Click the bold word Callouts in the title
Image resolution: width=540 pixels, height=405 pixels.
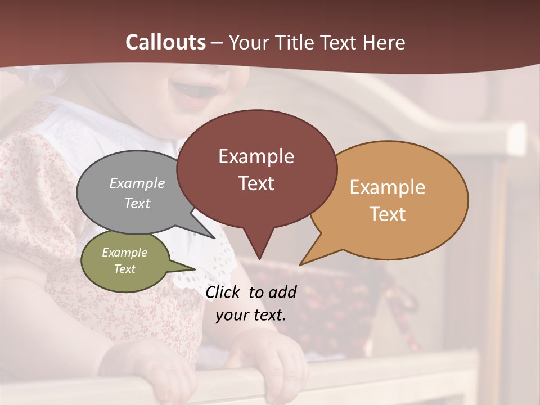click(165, 42)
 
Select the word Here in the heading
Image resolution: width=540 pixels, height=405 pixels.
click(384, 42)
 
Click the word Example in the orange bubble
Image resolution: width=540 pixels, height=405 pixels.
click(388, 187)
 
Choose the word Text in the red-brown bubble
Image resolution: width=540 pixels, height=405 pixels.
click(256, 183)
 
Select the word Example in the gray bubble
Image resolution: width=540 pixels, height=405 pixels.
click(137, 183)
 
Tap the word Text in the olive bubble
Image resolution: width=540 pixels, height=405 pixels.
click(125, 269)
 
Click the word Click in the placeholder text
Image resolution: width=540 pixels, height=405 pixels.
click(223, 292)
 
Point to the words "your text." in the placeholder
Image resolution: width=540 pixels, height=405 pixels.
click(251, 315)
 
